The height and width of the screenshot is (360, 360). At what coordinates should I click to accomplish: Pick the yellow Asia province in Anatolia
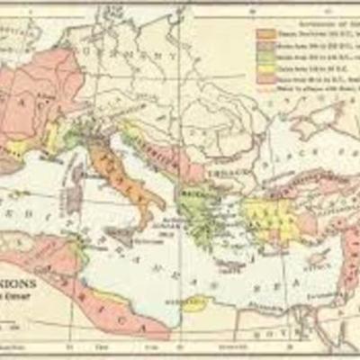point(265,211)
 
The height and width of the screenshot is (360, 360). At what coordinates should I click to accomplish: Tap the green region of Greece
point(203,211)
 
